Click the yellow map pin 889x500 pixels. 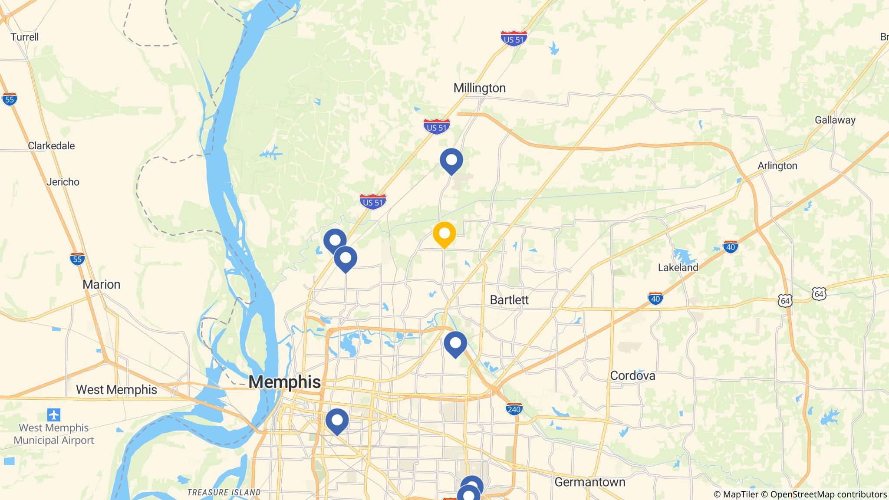pyautogui.click(x=444, y=234)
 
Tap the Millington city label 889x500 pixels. pyautogui.click(x=479, y=88)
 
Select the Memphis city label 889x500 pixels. pyautogui.click(x=284, y=382)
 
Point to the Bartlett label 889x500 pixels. pyautogui.click(x=509, y=300)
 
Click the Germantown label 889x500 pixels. pyautogui.click(x=589, y=482)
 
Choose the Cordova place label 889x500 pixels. pyautogui.click(x=632, y=375)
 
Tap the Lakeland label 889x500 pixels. pyautogui.click(x=678, y=267)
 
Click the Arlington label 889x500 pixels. pyautogui.click(x=777, y=166)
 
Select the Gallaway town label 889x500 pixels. pyautogui.click(x=835, y=120)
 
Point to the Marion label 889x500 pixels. pyautogui.click(x=101, y=285)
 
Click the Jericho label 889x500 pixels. pyautogui.click(x=63, y=182)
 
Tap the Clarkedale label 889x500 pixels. pyautogui.click(x=51, y=146)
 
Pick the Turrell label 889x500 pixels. pyautogui.click(x=25, y=37)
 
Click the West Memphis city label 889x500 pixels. pyautogui.click(x=116, y=390)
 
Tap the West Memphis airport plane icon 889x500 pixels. pyautogui.click(x=54, y=415)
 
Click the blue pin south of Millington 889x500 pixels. pyautogui.click(x=451, y=161)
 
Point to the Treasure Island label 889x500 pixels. pyautogui.click(x=224, y=492)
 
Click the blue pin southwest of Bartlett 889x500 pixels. pyautogui.click(x=455, y=343)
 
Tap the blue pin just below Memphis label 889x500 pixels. pyautogui.click(x=337, y=421)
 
